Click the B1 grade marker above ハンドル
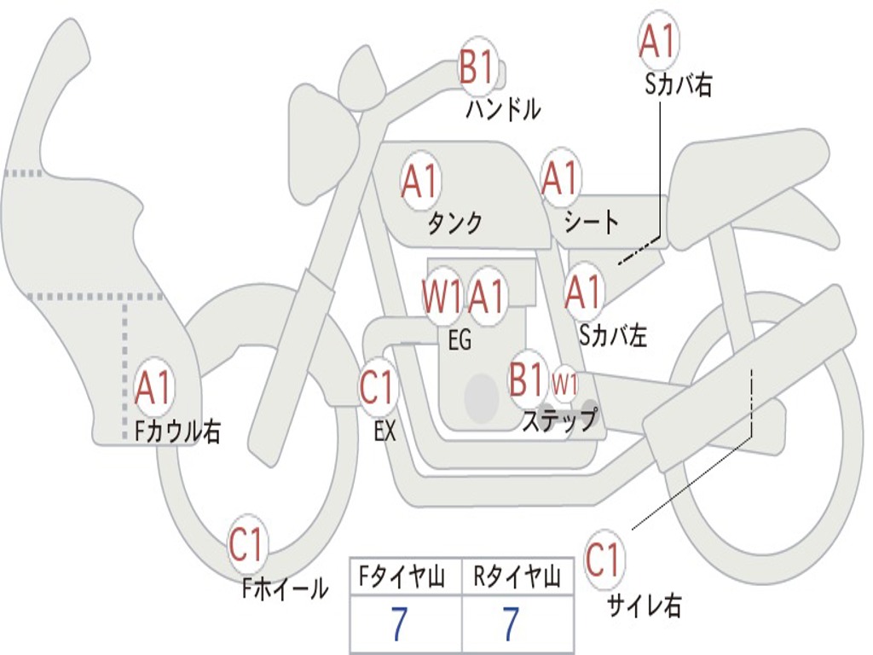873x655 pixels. pyautogui.click(x=477, y=67)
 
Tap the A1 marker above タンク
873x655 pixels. pyautogui.click(x=419, y=181)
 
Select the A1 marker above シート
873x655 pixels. pyautogui.click(x=560, y=177)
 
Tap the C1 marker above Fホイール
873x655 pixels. pyautogui.click(x=247, y=545)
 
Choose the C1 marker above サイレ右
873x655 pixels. pyautogui.click(x=604, y=560)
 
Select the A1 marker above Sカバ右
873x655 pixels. pyautogui.click(x=658, y=41)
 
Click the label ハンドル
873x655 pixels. pyautogui.click(x=503, y=109)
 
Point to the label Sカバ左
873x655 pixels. pyautogui.click(x=612, y=336)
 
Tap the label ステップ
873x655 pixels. pyautogui.click(x=559, y=420)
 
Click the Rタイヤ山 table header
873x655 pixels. pyautogui.click(x=517, y=579)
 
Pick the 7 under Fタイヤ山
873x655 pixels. pyautogui.click(x=399, y=625)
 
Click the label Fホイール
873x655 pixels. pyautogui.click(x=285, y=588)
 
